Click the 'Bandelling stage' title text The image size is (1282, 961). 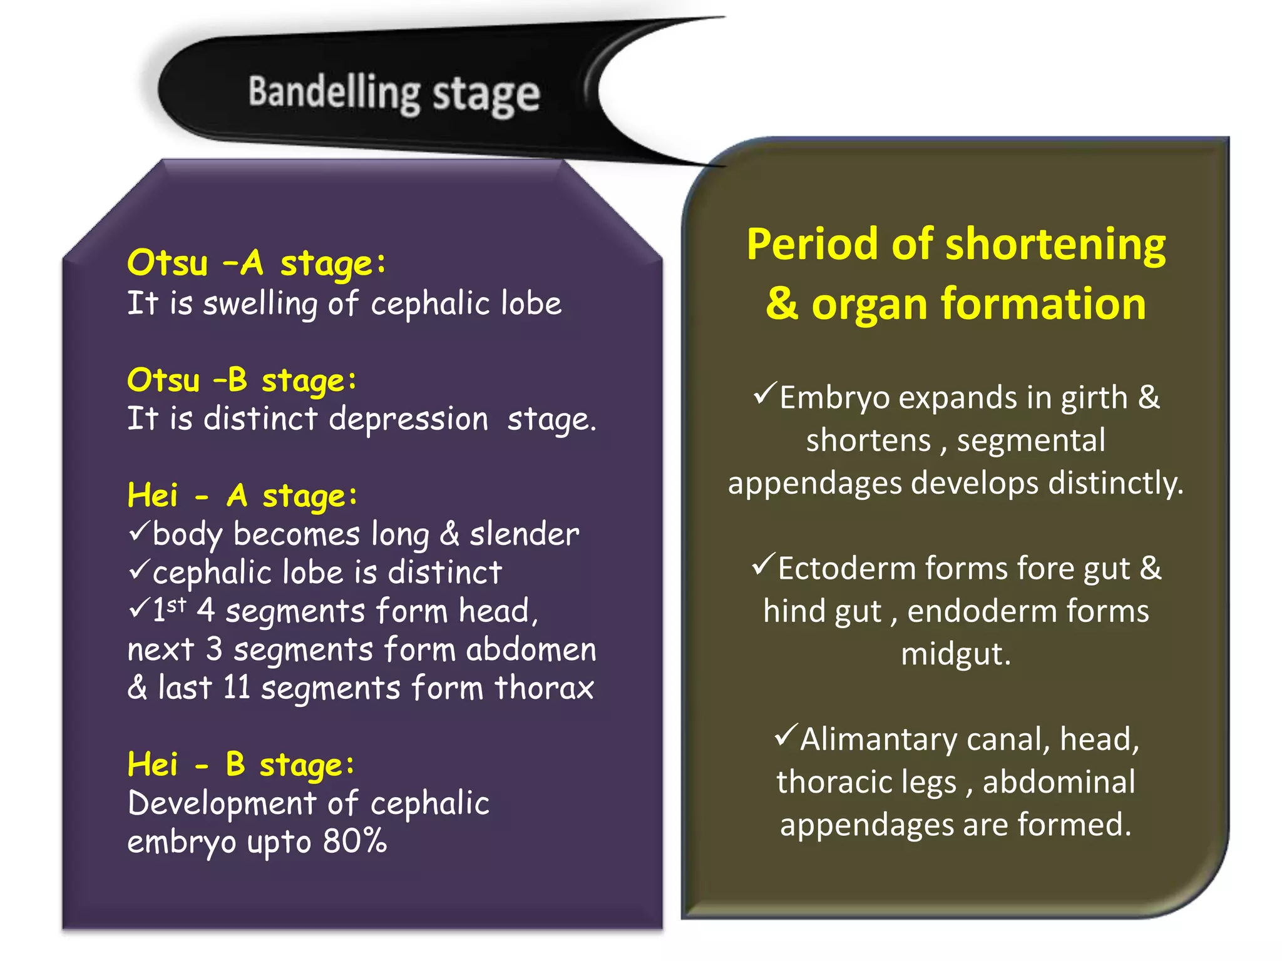pos(394,94)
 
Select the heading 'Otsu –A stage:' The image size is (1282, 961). pos(256,263)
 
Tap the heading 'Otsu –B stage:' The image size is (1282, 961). pos(242,380)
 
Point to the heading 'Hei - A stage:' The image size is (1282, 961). pos(242,496)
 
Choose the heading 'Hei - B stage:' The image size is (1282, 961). pos(240,765)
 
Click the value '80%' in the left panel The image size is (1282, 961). pos(354,842)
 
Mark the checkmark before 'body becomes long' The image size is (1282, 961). pos(138,532)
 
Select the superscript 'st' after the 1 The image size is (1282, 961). pos(177,604)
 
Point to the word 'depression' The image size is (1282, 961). pos(408,419)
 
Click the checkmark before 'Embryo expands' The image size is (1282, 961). pos(764,394)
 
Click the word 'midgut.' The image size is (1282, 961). pos(955,654)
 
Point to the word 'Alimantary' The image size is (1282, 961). pos(878,740)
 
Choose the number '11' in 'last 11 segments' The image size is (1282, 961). pos(237,688)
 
